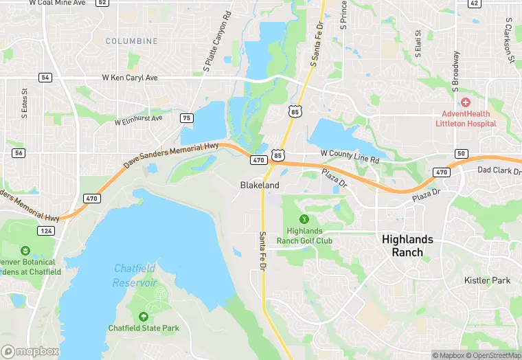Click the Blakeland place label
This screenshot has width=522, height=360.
coord(260,185)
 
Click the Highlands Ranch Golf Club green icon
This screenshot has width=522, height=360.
coord(304,219)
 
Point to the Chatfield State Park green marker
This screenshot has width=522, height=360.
coord(144,317)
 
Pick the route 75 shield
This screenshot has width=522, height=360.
coord(187,118)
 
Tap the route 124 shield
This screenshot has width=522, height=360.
coord(46,230)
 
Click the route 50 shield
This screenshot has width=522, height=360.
coord(461,153)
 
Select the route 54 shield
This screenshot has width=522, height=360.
coord(45,78)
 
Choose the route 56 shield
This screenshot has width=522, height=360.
coord(19,153)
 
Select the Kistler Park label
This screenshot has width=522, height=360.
coord(487,280)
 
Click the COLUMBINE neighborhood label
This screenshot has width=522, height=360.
coord(131,41)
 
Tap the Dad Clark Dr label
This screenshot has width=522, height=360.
coord(499,170)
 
